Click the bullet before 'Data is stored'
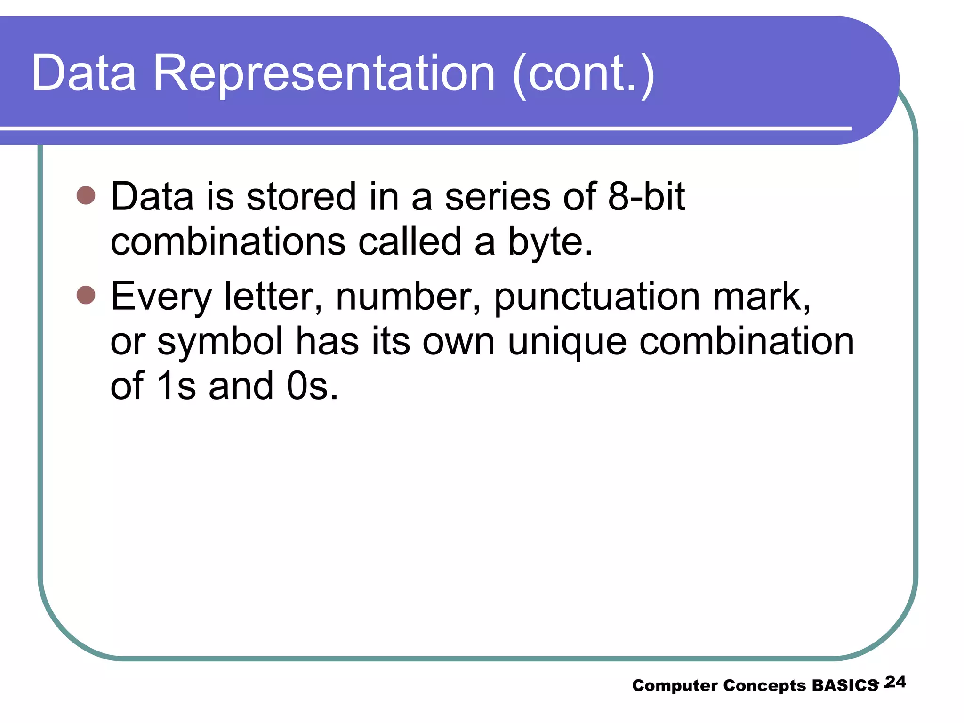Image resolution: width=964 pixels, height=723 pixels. (x=86, y=195)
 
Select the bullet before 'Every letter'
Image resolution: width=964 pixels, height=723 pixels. (x=86, y=295)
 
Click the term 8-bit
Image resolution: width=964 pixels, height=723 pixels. (x=646, y=196)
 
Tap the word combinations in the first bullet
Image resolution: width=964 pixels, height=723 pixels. (x=228, y=242)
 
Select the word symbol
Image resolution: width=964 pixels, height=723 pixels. (x=220, y=342)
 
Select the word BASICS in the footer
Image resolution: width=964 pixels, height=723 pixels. (x=845, y=685)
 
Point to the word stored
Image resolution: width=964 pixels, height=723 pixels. (x=301, y=196)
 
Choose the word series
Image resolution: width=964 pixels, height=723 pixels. (x=497, y=196)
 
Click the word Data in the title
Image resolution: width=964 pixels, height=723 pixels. (x=84, y=73)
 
